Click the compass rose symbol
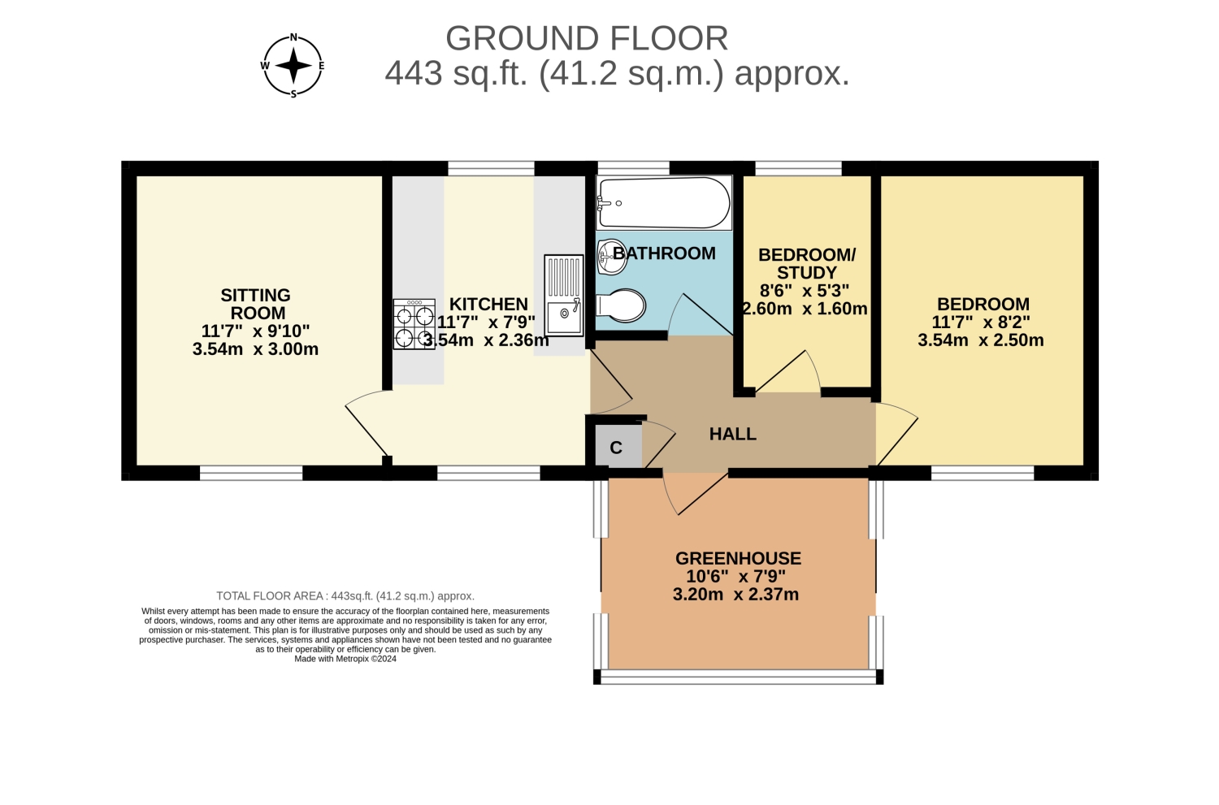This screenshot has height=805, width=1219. [293, 66]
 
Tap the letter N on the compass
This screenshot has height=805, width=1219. [293, 37]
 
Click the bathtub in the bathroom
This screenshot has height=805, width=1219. [664, 203]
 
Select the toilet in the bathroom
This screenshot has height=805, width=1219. [621, 305]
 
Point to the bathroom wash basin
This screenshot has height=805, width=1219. [611, 258]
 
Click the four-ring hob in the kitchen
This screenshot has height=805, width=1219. [414, 324]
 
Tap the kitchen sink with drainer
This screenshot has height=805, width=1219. [564, 296]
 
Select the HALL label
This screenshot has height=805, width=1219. [732, 434]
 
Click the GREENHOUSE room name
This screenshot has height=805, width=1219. [738, 558]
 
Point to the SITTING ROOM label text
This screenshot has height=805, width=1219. [256, 304]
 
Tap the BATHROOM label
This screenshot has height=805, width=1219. [664, 253]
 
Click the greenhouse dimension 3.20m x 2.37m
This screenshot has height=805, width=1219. [735, 594]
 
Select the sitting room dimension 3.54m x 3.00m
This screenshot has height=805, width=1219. [255, 348]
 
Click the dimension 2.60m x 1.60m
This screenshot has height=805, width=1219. [805, 309]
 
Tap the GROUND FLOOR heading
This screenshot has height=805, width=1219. [587, 39]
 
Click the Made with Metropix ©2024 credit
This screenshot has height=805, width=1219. [345, 659]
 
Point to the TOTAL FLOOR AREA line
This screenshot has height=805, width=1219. [345, 595]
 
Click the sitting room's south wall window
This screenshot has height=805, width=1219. [251, 473]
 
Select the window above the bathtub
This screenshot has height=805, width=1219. [633, 168]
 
